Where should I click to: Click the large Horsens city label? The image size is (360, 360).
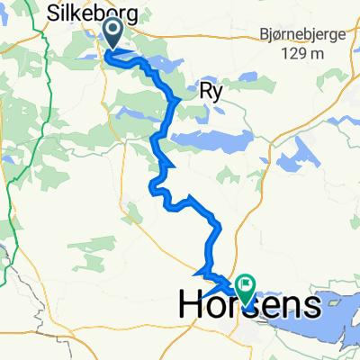pos(248,305)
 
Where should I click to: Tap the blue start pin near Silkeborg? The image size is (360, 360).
pos(114,34)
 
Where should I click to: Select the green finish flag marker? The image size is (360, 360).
pos(244,287)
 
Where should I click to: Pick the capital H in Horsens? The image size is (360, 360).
pos(192,305)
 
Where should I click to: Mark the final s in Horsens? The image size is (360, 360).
pos(309,306)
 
